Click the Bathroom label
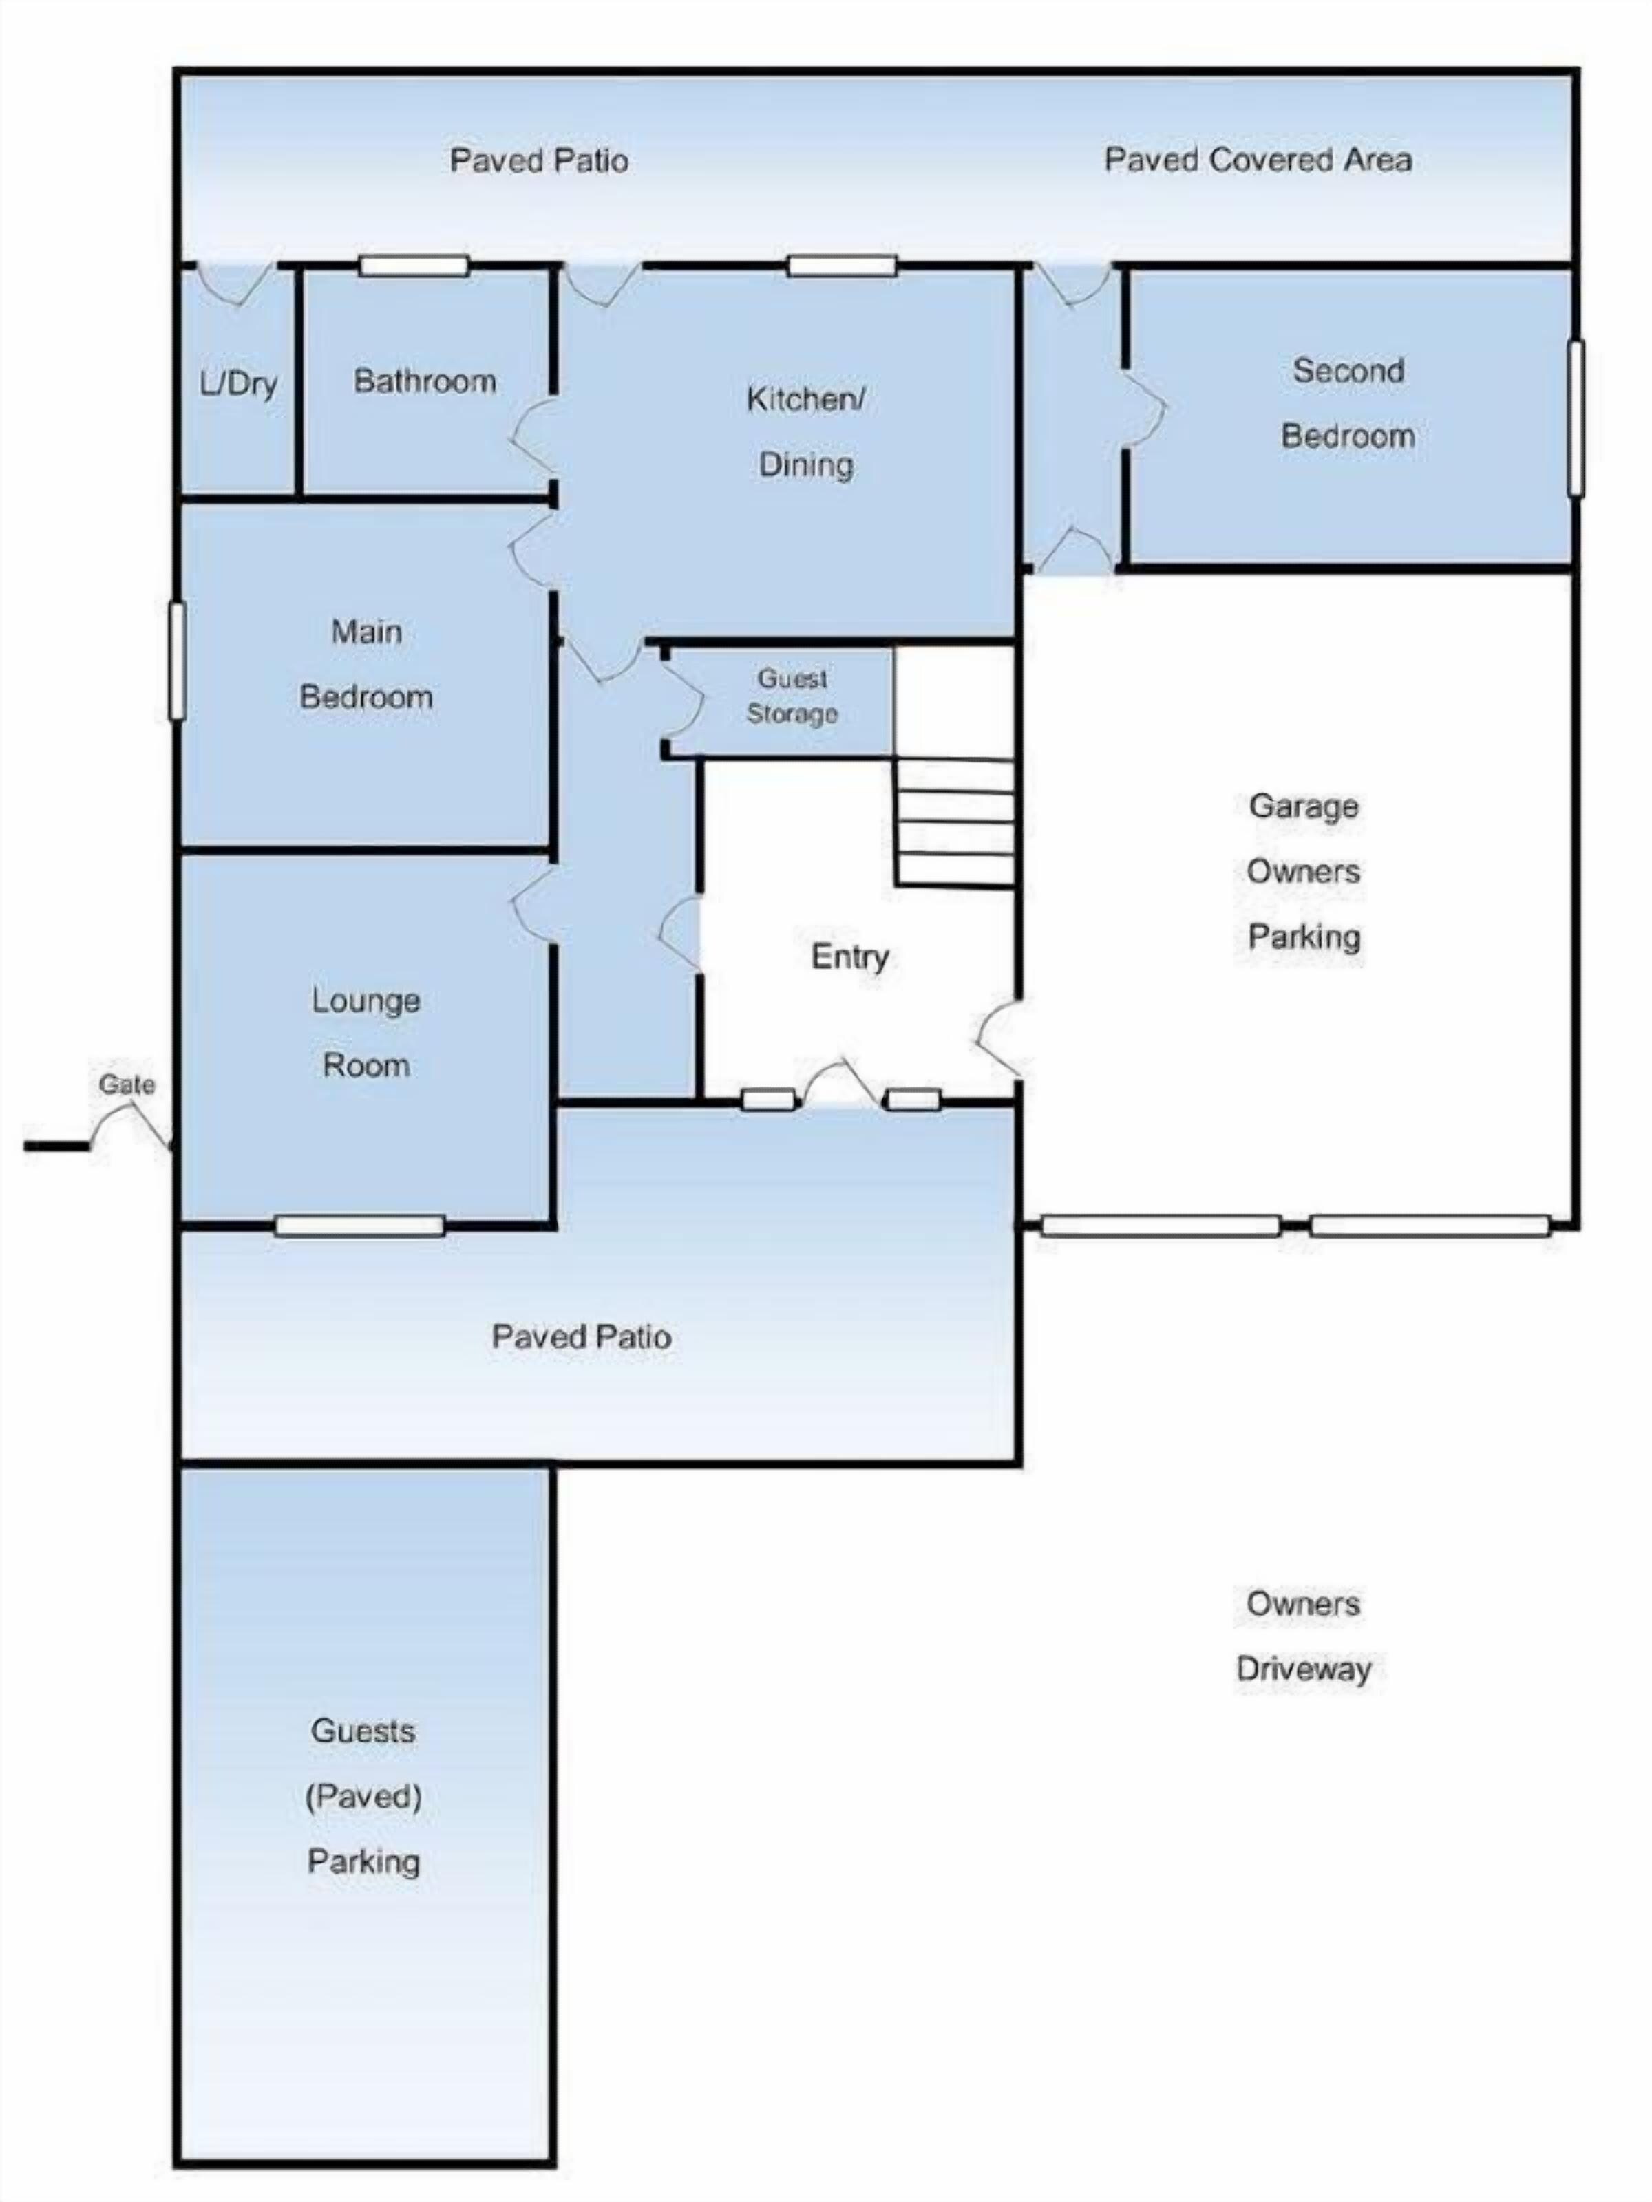click(x=425, y=381)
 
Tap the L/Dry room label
click(x=238, y=384)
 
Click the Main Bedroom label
click(x=366, y=664)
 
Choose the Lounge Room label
click(x=366, y=1032)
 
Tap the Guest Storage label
click(x=793, y=696)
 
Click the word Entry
click(x=849, y=956)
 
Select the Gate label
click(x=127, y=1084)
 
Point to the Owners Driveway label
click(x=1304, y=1636)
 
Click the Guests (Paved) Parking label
click(x=363, y=1796)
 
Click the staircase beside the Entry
click(x=954, y=822)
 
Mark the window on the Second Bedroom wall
click(x=1576, y=418)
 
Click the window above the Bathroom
click(x=413, y=266)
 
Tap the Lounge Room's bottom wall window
click(x=359, y=1226)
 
